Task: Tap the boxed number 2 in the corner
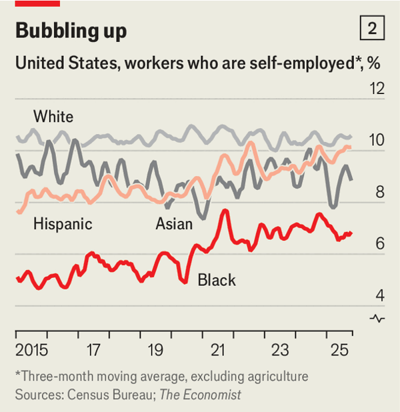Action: point(372,29)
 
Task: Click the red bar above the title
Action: point(37,3)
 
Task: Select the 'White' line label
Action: point(53,117)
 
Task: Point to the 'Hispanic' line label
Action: point(63,223)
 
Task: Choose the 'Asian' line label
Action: point(174,223)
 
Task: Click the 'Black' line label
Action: point(217,279)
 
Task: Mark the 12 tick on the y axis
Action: point(377,89)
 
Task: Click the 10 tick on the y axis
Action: point(377,141)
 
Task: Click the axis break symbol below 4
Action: point(377,318)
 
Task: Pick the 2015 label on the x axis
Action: point(31,349)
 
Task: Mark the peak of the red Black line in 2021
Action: point(225,211)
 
